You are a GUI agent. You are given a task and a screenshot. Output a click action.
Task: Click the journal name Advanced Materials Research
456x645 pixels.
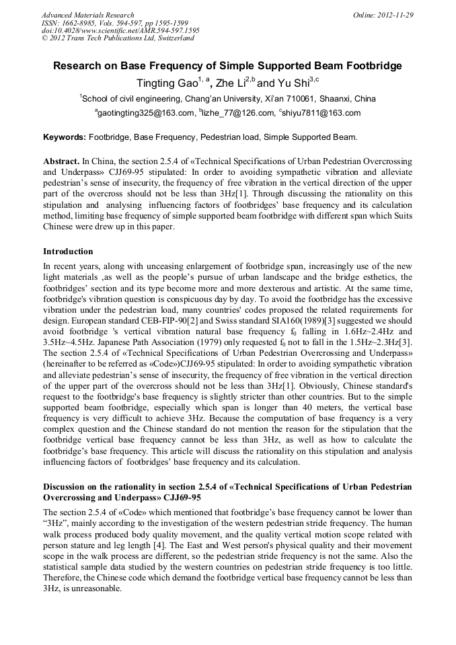(87, 15)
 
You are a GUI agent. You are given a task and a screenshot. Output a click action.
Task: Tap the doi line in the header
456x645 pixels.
(120, 30)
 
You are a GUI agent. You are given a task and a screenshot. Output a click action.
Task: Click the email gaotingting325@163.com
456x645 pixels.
(145, 113)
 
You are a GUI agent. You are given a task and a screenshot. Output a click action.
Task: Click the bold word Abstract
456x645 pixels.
(61, 162)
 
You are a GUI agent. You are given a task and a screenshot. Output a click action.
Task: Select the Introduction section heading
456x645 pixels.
(68, 252)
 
